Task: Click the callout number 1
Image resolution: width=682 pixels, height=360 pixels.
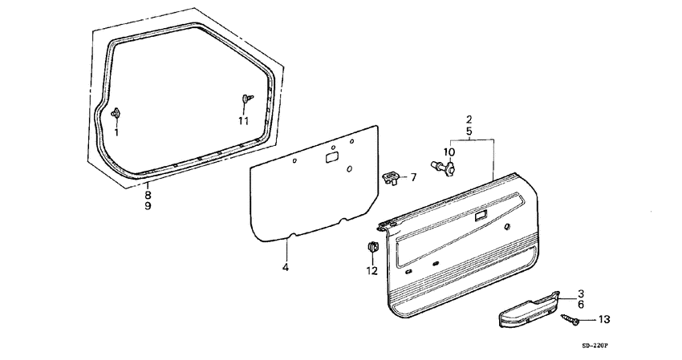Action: pos(116,131)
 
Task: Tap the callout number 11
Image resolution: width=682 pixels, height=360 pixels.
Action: pos(243,121)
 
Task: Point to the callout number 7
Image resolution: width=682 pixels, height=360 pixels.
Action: pos(414,177)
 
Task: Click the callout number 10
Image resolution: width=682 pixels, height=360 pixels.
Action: pos(449,152)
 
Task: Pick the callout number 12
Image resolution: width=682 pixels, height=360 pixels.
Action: pos(371,271)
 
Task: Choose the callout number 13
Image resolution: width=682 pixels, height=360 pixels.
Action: pos(603,319)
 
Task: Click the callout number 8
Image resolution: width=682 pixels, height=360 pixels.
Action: pos(148,195)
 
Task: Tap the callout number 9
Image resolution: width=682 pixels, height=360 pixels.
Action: pos(148,206)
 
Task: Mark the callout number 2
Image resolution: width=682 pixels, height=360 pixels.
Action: pos(469,119)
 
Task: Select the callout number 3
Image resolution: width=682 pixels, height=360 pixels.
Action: pos(581,293)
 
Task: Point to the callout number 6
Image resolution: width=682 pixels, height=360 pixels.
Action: pos(581,305)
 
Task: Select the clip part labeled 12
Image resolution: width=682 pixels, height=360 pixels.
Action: pos(372,247)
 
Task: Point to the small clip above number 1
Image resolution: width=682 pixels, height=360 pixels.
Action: pos(116,113)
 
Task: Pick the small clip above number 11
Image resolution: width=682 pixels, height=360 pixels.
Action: pos(245,99)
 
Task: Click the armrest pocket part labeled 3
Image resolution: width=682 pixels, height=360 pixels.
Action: pos(525,309)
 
